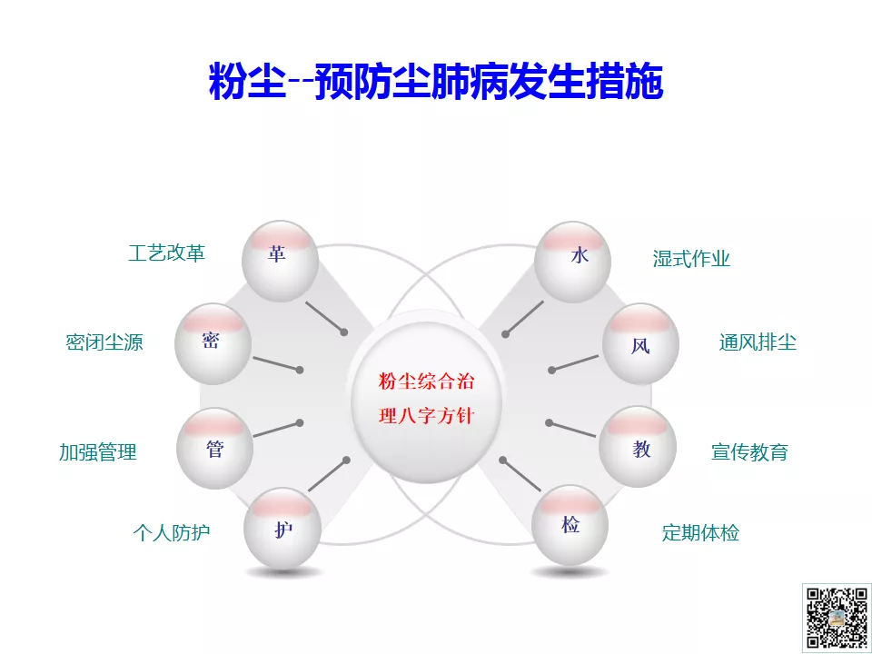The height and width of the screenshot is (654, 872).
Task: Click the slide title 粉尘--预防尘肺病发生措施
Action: point(436,81)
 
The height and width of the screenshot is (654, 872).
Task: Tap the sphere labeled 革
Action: point(281,262)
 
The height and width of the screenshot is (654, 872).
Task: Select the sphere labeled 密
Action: point(213,343)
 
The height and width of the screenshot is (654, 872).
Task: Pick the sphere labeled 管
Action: point(214,448)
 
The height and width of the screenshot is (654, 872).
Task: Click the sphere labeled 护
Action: point(282,529)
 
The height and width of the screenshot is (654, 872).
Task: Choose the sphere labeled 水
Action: point(573,262)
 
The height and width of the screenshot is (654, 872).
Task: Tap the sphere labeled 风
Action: point(640,343)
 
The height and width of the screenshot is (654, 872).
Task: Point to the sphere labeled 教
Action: point(638,447)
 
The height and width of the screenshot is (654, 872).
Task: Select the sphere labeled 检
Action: point(570,526)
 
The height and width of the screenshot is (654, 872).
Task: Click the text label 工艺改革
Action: point(167,253)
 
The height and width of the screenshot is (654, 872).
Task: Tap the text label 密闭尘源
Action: point(104,342)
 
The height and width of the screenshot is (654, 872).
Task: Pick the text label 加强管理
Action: point(98,452)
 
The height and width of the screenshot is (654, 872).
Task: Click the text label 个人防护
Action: point(172,533)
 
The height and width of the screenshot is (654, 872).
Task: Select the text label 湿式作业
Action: point(691,259)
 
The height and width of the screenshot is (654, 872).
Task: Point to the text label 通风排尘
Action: point(758,342)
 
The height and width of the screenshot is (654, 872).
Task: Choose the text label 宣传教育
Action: point(749,451)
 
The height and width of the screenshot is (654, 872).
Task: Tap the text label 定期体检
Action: point(700,533)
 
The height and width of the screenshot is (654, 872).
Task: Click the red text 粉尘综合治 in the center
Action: point(427,381)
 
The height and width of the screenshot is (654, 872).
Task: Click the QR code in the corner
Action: point(837,619)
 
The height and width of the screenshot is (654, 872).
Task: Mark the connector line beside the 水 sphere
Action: point(524,318)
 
